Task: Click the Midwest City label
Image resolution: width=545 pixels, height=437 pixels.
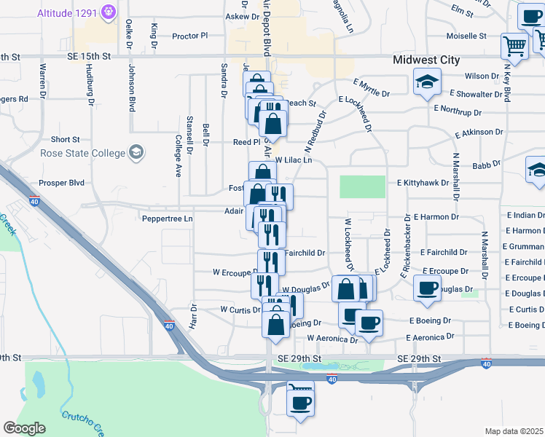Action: (x=426, y=60)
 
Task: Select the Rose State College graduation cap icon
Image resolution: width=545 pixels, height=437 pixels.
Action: (x=136, y=152)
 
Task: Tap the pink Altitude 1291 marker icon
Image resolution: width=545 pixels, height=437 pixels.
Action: (x=109, y=12)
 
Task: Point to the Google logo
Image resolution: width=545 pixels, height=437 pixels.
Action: (x=23, y=428)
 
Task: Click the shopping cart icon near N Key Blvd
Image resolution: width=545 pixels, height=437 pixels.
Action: (x=515, y=47)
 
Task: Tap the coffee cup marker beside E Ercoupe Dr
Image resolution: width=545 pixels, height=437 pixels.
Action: (x=427, y=287)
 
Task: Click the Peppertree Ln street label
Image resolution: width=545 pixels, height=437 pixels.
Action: (x=167, y=218)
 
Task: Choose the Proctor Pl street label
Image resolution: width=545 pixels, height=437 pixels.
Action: (x=189, y=35)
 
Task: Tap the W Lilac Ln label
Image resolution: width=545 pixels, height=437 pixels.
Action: (x=294, y=160)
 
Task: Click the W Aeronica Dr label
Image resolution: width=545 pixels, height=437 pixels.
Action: (x=332, y=339)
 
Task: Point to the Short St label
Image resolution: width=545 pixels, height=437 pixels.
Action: (x=65, y=139)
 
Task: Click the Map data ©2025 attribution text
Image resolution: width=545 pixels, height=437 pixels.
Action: (x=514, y=431)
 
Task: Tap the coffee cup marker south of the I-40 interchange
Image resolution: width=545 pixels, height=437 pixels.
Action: (x=299, y=401)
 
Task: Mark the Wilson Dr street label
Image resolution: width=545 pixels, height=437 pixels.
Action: (x=481, y=76)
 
